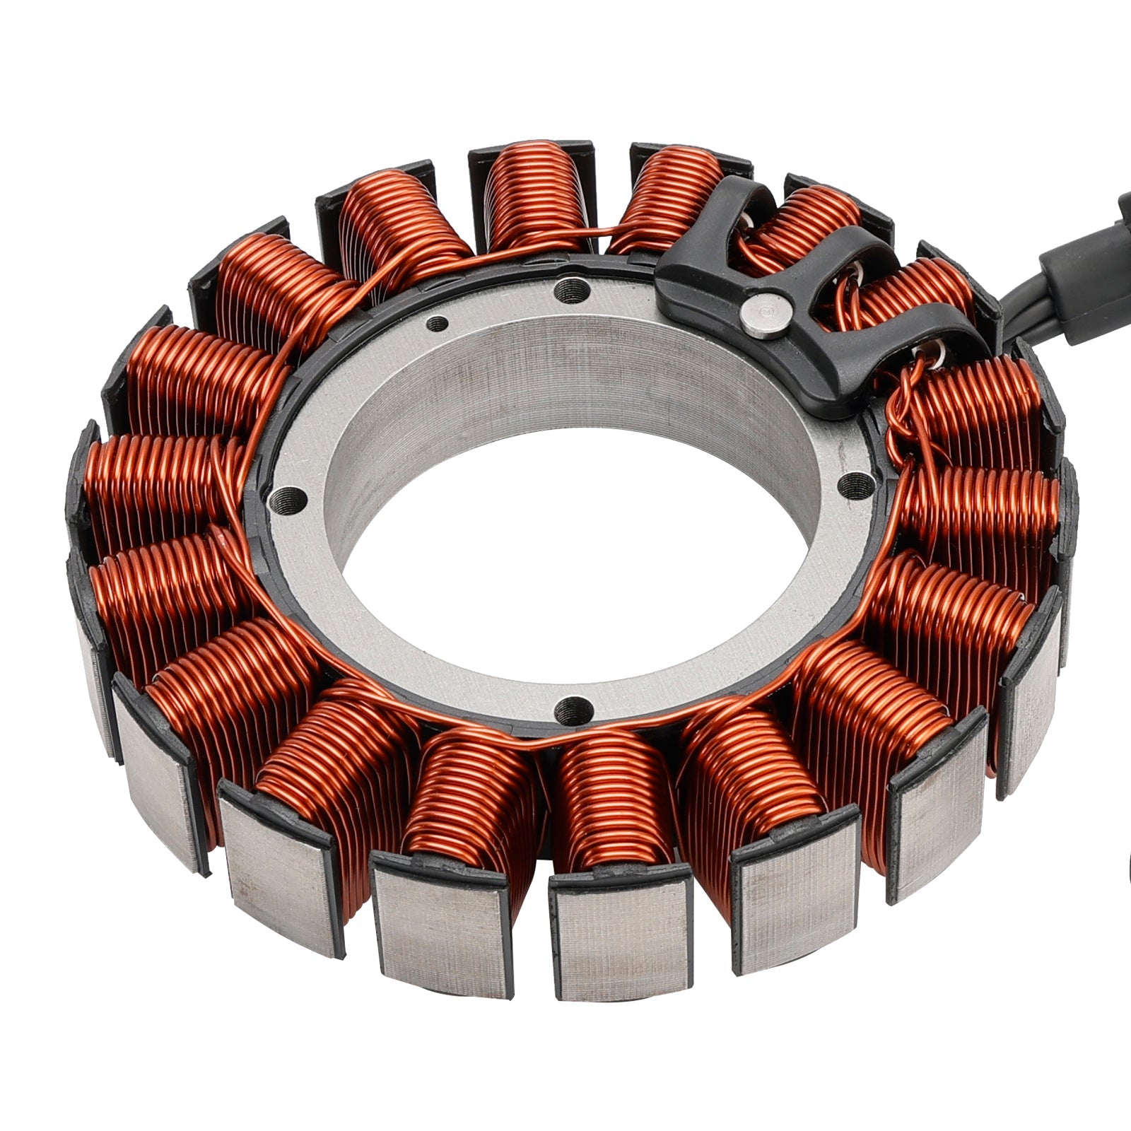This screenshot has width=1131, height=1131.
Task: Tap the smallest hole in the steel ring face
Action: click(x=438, y=324)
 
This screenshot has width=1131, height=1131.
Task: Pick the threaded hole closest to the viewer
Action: click(x=573, y=708)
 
